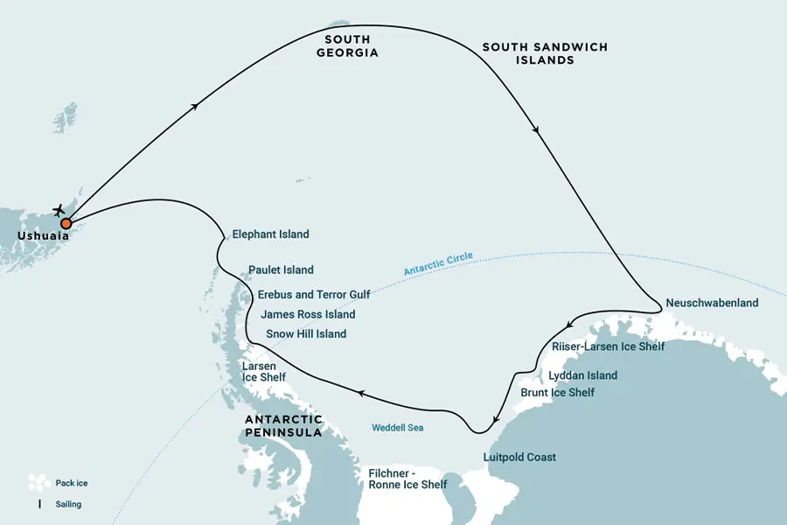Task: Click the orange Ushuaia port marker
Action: click(66, 223)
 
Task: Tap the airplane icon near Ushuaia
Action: click(59, 210)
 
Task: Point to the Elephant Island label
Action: click(270, 234)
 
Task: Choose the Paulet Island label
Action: click(281, 270)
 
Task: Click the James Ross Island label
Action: click(308, 314)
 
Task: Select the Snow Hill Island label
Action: click(306, 334)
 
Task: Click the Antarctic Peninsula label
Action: click(283, 426)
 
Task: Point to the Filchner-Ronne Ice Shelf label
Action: click(407, 479)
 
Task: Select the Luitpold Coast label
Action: click(519, 458)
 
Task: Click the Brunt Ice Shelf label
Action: click(557, 393)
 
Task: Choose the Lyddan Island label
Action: click(582, 375)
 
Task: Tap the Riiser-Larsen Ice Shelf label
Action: click(608, 346)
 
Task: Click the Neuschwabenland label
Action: click(712, 304)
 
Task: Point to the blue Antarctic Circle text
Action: click(438, 264)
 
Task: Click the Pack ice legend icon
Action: click(37, 482)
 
